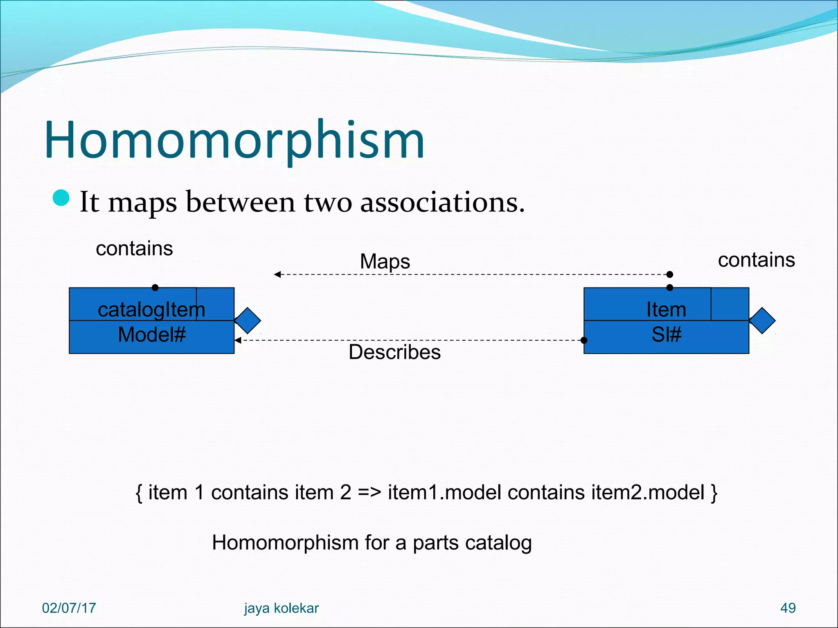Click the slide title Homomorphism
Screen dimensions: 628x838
coord(234,140)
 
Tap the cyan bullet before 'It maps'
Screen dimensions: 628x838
coord(61,198)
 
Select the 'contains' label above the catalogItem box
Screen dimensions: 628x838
coord(134,249)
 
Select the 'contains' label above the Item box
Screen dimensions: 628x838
coord(756,260)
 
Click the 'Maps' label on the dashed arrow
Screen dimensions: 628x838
coord(385,262)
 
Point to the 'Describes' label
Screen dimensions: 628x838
coord(394,352)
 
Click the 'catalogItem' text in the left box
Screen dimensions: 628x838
coord(151,310)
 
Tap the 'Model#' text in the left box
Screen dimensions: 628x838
coord(151,335)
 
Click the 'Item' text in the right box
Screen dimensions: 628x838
coord(666,310)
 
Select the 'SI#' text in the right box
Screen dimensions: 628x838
coord(666,335)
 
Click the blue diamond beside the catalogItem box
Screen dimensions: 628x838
coord(248,321)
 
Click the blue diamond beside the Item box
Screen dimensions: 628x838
coord(762,321)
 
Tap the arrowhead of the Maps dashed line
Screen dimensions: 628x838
coord(277,274)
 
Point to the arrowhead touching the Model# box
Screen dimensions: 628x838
coord(238,340)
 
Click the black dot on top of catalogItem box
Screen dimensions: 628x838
coord(155,287)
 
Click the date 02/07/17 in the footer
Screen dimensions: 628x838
coord(69,608)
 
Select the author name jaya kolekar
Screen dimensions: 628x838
coord(281,608)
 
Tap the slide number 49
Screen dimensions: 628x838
coord(788,608)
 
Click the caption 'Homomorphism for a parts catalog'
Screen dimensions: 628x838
coord(372,543)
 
